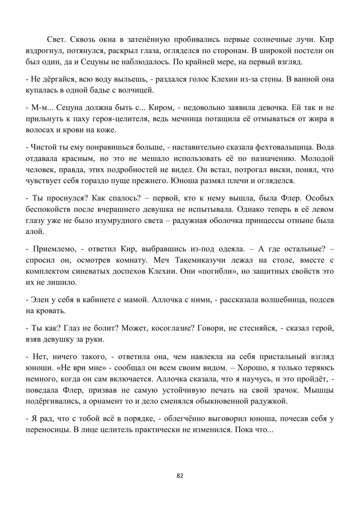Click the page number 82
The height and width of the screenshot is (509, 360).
tap(180, 476)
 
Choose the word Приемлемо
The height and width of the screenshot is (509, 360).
tap(53, 249)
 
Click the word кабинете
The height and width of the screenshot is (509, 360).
tap(81, 299)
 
